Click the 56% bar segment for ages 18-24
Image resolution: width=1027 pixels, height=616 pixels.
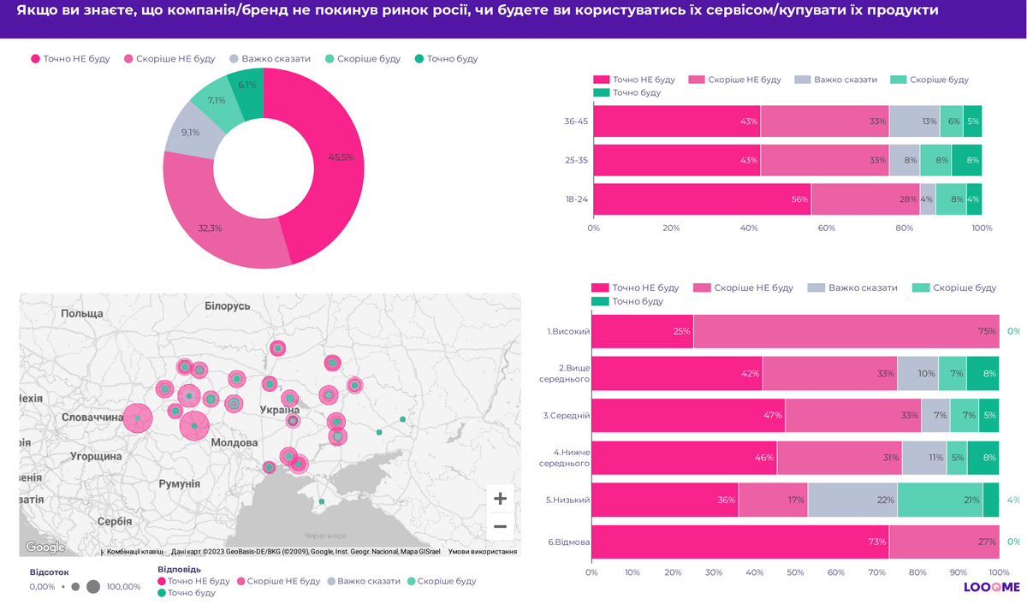click(x=702, y=199)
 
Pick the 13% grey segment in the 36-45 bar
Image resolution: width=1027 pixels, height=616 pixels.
click(x=914, y=121)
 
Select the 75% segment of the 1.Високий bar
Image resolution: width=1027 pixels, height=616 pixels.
click(x=846, y=331)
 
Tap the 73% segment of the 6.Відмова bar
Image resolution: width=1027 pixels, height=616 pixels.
click(x=739, y=542)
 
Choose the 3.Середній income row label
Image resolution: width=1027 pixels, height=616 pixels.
click(x=566, y=415)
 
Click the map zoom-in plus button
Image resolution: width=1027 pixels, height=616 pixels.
click(x=500, y=499)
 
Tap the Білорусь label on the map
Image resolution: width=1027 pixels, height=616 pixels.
click(x=228, y=306)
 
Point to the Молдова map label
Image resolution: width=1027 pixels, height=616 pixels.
click(x=234, y=443)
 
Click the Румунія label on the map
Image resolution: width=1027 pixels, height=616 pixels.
click(x=180, y=484)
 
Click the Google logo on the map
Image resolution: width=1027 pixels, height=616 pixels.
click(x=45, y=548)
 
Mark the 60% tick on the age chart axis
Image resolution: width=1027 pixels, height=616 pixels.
click(x=826, y=228)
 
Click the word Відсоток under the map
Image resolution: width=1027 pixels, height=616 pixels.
click(x=50, y=571)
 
